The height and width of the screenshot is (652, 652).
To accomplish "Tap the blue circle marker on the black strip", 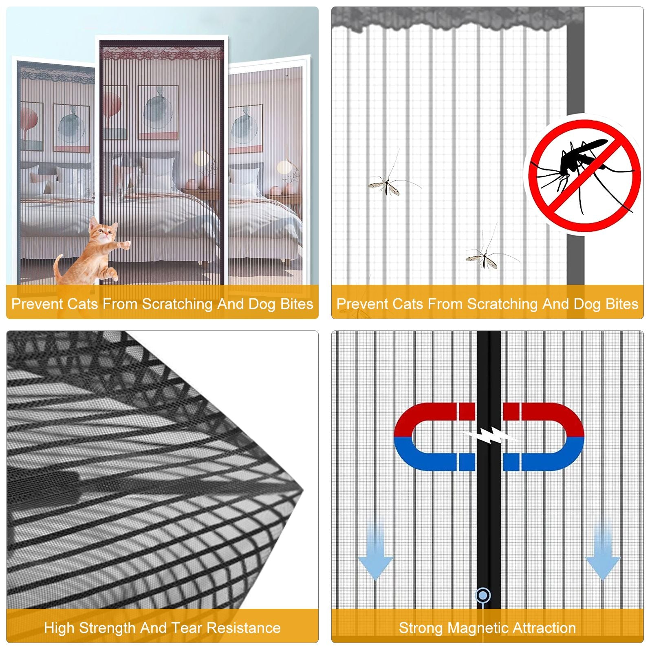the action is (x=483, y=595).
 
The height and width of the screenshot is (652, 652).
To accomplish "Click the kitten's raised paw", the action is (x=126, y=245).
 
